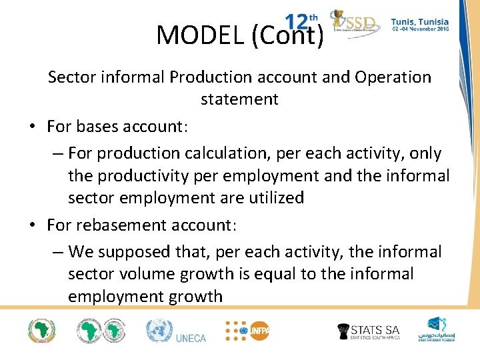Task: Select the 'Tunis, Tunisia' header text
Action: pyautogui.click(x=420, y=22)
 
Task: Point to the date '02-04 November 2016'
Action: pyautogui.click(x=420, y=30)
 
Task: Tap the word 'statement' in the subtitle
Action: pyautogui.click(x=239, y=99)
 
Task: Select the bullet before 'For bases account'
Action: pyautogui.click(x=32, y=127)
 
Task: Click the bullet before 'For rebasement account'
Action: pyautogui.click(x=32, y=225)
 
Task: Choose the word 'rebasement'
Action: pyautogui.click(x=122, y=225)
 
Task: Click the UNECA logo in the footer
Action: pyautogui.click(x=176, y=332)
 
